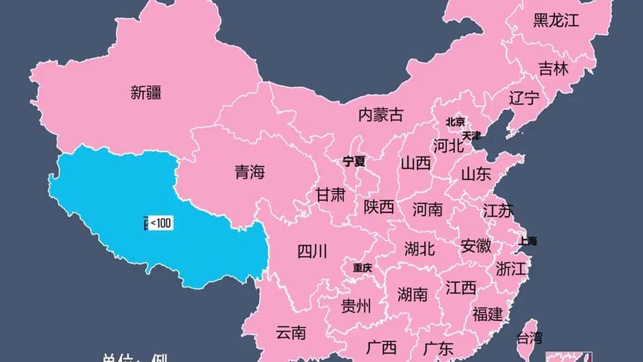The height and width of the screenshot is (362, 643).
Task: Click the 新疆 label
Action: coord(146,92)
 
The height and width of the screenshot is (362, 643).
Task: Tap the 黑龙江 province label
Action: coord(556,20)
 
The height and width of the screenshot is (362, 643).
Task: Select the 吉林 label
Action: coord(553,69)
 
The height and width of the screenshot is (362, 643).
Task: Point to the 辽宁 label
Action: coord(524,98)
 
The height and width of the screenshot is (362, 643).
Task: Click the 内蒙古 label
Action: coord(380,115)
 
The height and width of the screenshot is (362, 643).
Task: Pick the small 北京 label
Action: coord(455,121)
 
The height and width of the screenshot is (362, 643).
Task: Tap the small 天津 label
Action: coord(471,136)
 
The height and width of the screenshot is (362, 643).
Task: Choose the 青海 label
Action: coord(249,173)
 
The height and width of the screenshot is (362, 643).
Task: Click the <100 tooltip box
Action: coord(161,223)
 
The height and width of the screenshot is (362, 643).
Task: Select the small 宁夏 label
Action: coord(354,161)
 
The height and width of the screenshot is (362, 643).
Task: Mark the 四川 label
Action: coord(312,251)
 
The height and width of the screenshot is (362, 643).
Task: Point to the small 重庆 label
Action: coord(362,267)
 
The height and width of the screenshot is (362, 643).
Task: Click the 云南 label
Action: coord(290,332)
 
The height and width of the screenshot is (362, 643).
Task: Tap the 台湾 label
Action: coord(529,337)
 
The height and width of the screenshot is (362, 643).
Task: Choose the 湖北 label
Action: coord(420,248)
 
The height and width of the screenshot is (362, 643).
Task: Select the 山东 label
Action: coord(476,175)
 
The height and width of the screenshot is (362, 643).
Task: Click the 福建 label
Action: coord(487,314)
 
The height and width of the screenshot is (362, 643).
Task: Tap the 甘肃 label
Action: coord(330,195)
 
